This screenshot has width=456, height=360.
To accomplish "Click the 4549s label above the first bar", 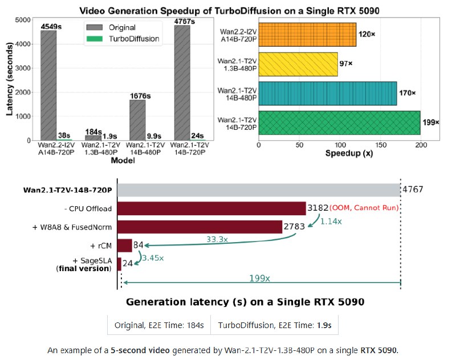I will click(x=48, y=26).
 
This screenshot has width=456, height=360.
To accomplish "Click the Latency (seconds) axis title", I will click(x=9, y=79).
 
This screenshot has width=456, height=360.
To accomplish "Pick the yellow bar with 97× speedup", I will click(x=299, y=64).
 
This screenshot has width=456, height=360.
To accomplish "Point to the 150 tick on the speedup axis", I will click(x=380, y=145).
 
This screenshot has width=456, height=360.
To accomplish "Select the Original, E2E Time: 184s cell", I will click(x=159, y=325).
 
